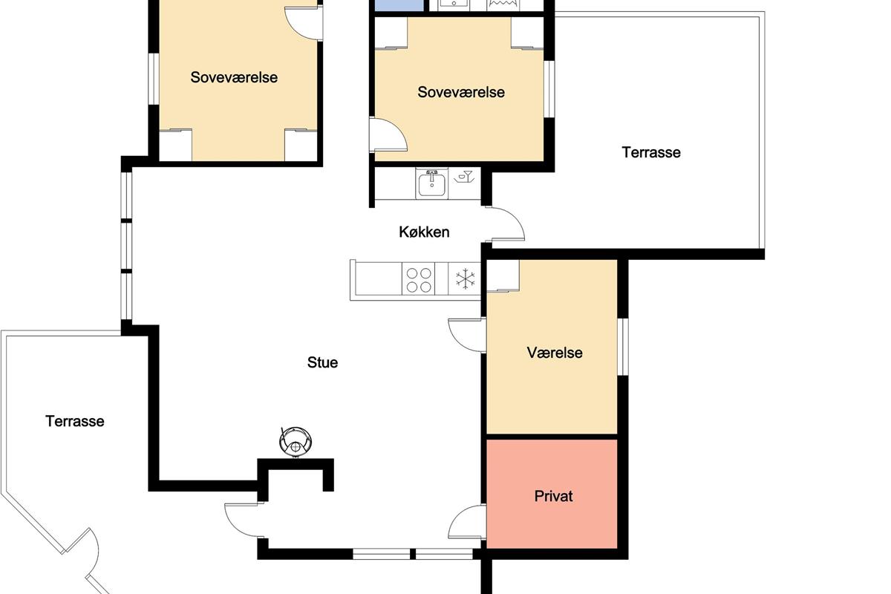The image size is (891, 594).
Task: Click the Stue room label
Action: (x=322, y=362)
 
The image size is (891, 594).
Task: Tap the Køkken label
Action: (x=424, y=232)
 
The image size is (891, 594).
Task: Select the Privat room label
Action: (x=553, y=496)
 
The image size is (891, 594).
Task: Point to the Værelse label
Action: (x=555, y=353)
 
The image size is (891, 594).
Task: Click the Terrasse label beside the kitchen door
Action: (x=651, y=152)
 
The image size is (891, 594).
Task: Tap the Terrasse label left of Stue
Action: (x=75, y=421)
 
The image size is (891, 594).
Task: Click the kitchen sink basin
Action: (x=431, y=184)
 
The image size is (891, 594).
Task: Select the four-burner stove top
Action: (x=419, y=280)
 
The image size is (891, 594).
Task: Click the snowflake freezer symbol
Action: (x=465, y=278)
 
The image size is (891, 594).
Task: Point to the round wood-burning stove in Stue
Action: (x=296, y=442)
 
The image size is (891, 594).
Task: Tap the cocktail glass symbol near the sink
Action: (x=464, y=177)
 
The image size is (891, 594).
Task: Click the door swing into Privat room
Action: (x=467, y=522)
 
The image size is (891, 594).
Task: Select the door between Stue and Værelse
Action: (x=467, y=335)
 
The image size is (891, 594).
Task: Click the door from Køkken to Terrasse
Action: (x=505, y=224)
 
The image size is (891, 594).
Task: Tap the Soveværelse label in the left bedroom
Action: (x=234, y=77)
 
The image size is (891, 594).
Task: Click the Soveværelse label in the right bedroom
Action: (x=461, y=92)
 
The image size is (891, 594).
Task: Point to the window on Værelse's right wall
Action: (x=623, y=347)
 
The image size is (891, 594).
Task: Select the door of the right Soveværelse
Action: (x=388, y=134)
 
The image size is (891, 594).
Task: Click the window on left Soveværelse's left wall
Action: (x=154, y=79)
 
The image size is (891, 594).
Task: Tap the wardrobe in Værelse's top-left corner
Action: (x=503, y=275)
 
